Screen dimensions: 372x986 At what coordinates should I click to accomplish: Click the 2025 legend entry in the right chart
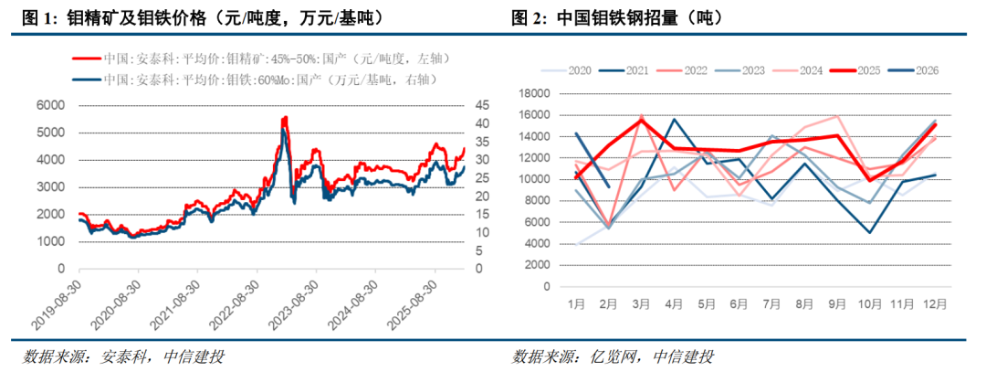pos(860,70)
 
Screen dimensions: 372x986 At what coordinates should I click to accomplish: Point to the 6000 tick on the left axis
pos(50,105)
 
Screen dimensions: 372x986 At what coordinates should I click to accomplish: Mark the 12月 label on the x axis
pos(935,303)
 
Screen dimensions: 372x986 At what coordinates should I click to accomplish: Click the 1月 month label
pos(575,303)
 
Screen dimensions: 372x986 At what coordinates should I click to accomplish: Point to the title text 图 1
pos(41,17)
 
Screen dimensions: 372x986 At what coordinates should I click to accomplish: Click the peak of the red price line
pos(285,117)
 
